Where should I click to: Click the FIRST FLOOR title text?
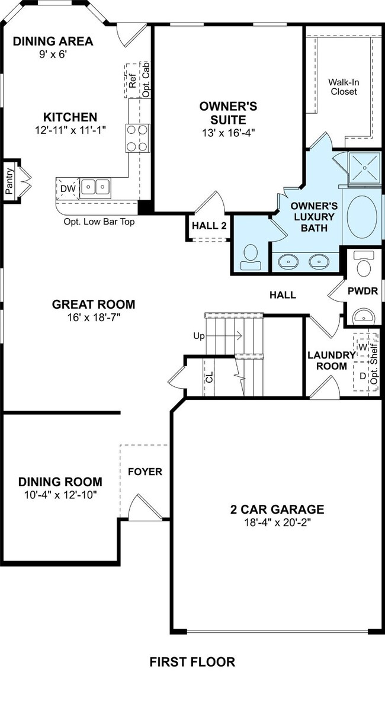pos(192,662)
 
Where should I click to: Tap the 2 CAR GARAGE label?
pos(277,509)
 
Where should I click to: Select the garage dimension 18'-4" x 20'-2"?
pos(277,523)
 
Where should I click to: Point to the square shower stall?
pos(364,168)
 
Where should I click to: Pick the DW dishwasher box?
pos(68,188)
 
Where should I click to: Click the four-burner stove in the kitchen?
pos(137,138)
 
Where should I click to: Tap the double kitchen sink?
pos(95,187)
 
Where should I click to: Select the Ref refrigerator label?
pos(132,81)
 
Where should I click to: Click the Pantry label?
pos(9,181)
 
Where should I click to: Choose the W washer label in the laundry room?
pos(362,347)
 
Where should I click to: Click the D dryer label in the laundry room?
pos(362,376)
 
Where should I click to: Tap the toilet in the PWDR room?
pos(364,263)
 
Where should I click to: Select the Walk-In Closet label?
pos(344,87)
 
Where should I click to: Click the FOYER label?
pos(145,472)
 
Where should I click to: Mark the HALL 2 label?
pos(210,226)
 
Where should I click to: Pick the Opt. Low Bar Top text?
pos(99,222)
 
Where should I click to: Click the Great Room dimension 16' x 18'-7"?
pos(94,317)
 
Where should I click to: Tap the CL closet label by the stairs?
pos(210,377)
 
